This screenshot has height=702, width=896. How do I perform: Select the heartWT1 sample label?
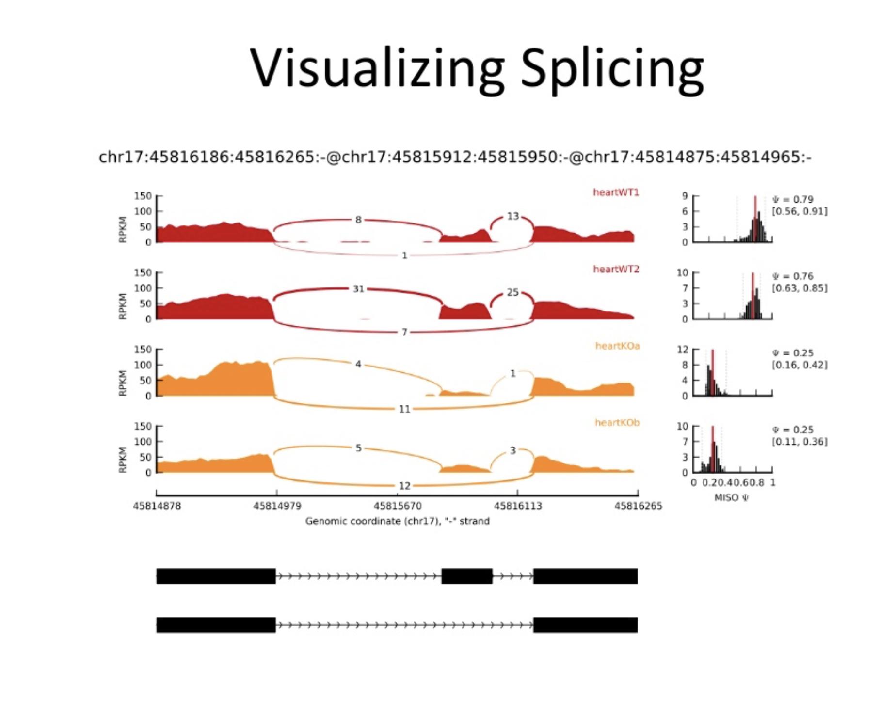(616, 192)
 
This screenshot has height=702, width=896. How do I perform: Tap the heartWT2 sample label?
(616, 269)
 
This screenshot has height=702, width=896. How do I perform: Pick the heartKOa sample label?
(617, 346)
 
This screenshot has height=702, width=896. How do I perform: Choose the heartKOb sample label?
(617, 422)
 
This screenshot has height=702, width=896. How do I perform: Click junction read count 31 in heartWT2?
(358, 289)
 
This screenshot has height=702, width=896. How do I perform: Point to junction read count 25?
(512, 292)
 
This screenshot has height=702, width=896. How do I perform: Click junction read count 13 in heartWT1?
(512, 216)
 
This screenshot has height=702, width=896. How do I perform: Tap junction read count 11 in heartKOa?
(404, 409)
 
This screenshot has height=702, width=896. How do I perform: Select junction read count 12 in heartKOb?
(404, 486)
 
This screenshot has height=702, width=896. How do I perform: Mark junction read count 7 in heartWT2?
(404, 332)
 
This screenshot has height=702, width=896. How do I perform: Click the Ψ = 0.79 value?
(793, 199)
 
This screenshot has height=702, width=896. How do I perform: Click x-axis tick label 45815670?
(397, 506)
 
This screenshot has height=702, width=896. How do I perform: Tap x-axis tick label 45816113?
(517, 506)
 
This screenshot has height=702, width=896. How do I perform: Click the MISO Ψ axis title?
(732, 498)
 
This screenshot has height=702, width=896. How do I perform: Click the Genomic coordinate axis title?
(397, 521)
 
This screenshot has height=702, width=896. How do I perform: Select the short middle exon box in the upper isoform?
(466, 576)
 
